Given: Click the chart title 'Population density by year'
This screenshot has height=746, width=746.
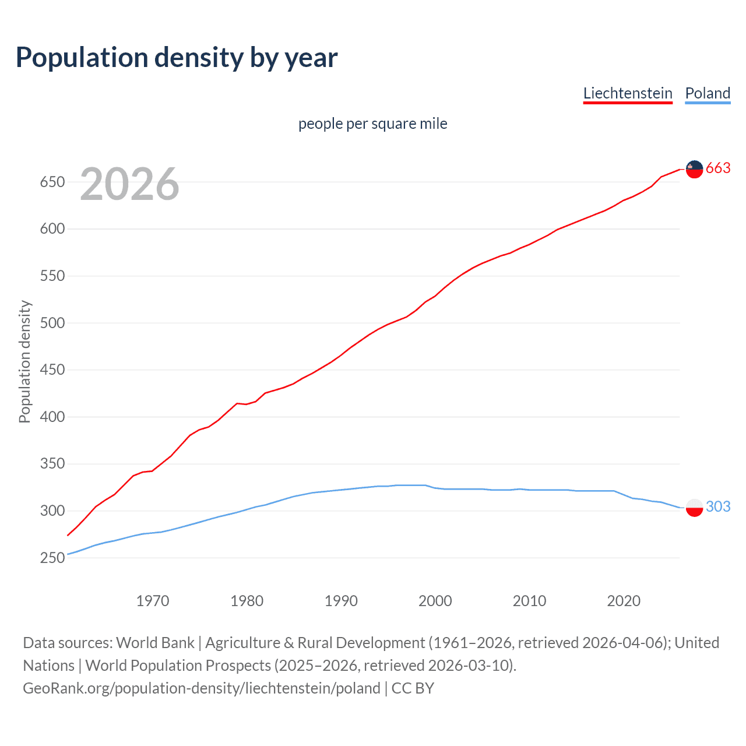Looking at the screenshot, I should click(177, 58).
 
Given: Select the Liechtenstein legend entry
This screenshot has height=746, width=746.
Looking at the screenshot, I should click(628, 93).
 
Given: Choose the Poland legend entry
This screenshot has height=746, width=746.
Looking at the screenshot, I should click(708, 93).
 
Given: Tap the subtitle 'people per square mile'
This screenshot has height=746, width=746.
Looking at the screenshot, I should click(372, 124).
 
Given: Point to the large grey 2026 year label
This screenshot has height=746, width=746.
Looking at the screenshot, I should click(129, 184).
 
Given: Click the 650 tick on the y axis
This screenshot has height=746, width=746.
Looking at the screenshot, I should click(52, 182).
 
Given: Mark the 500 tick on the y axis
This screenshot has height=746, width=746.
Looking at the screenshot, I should click(52, 323).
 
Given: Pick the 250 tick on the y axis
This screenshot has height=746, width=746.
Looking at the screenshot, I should click(52, 558).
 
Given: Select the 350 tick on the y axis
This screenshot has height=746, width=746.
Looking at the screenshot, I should click(52, 464).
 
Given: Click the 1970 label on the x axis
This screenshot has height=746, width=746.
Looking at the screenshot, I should click(153, 601).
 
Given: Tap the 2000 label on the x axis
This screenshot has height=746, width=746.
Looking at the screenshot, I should click(435, 601).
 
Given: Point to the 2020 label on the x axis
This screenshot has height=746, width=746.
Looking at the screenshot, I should click(624, 601).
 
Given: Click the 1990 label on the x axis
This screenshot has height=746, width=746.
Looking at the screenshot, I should click(341, 601).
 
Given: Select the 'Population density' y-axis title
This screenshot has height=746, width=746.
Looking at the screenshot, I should click(24, 361).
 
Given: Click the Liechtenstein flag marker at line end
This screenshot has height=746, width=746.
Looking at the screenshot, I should click(694, 169).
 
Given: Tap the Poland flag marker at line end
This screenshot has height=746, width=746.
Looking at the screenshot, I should click(694, 507).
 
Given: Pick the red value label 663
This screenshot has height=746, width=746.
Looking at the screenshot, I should click(718, 168).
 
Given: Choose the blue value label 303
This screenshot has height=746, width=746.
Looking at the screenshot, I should click(718, 506).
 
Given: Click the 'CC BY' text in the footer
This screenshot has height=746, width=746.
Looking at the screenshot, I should click(413, 688).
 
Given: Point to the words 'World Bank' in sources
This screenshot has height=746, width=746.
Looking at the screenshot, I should click(155, 643).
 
